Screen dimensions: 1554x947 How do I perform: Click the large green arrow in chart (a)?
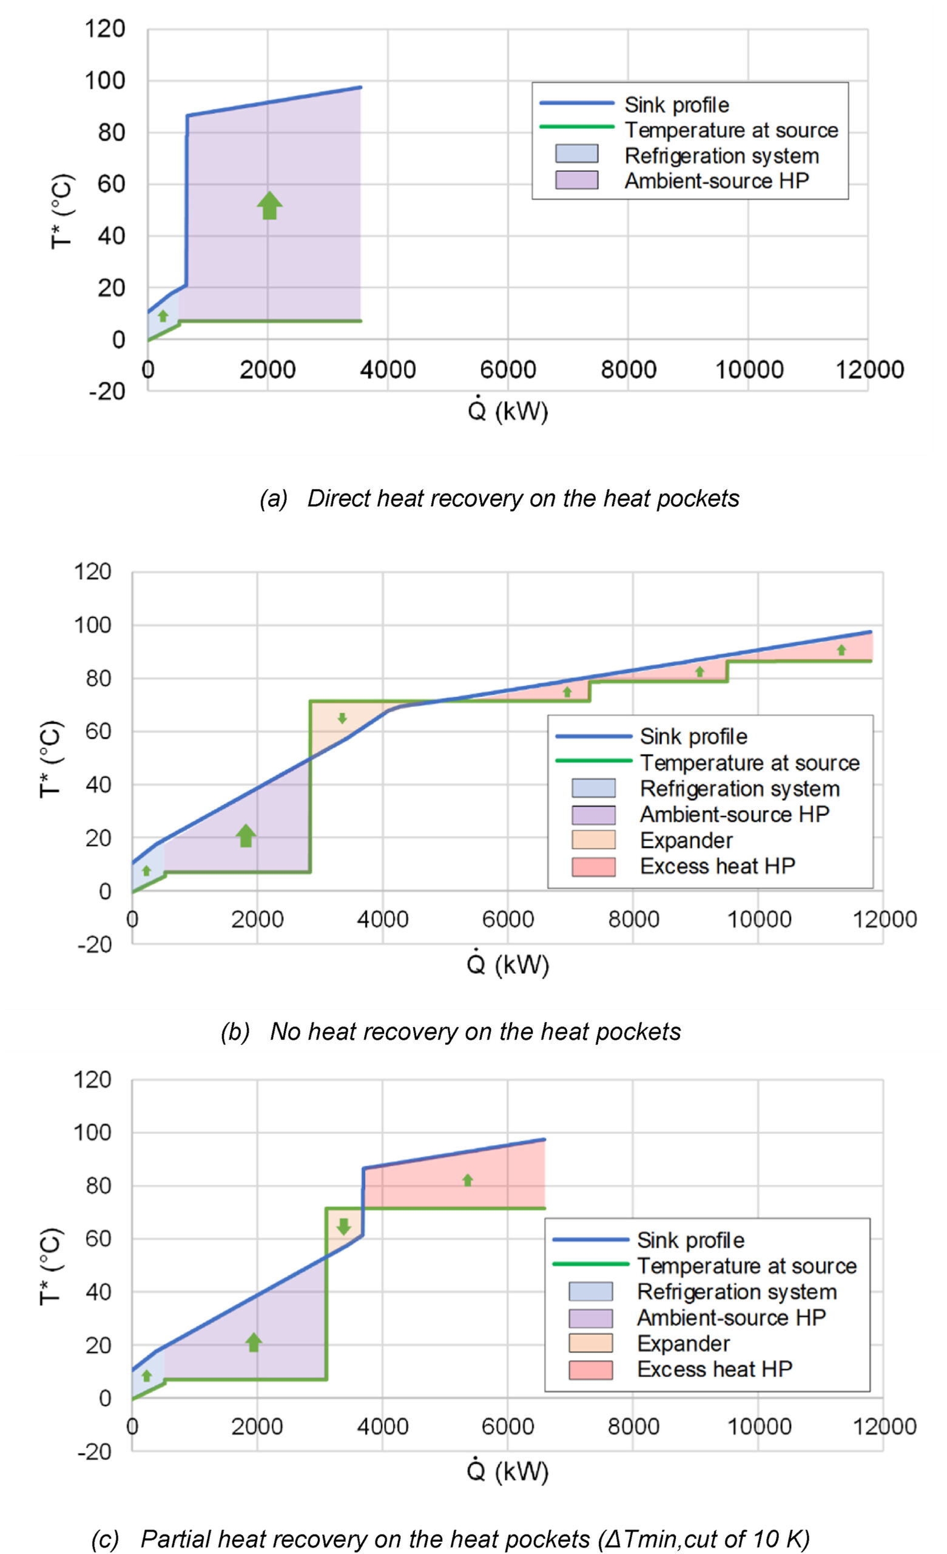(x=269, y=206)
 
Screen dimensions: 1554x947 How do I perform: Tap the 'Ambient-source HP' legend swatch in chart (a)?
(x=576, y=180)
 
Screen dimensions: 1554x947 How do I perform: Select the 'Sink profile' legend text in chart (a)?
(x=676, y=104)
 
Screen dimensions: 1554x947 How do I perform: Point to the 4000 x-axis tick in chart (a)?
(x=388, y=370)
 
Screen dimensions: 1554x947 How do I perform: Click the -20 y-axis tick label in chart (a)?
(x=107, y=392)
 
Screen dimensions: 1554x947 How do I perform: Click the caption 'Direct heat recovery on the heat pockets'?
(x=523, y=498)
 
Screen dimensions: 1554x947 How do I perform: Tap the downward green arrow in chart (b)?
(x=342, y=718)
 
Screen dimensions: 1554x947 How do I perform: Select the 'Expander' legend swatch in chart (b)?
(x=593, y=840)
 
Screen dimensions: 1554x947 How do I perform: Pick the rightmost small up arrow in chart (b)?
(x=841, y=650)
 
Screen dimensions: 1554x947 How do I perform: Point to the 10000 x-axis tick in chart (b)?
(x=759, y=920)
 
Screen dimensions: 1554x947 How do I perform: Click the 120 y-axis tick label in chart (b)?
(x=92, y=572)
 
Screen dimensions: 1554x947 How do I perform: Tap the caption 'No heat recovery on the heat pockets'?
(x=476, y=1032)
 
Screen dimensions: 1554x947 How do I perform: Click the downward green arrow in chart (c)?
(x=343, y=1226)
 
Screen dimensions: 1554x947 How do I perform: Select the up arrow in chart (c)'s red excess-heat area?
(x=467, y=1180)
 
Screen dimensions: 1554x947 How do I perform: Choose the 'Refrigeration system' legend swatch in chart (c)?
(x=590, y=1292)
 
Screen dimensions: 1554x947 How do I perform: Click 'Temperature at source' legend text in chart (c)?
(x=747, y=1266)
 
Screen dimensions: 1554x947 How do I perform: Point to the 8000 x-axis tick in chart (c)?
(x=633, y=1427)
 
